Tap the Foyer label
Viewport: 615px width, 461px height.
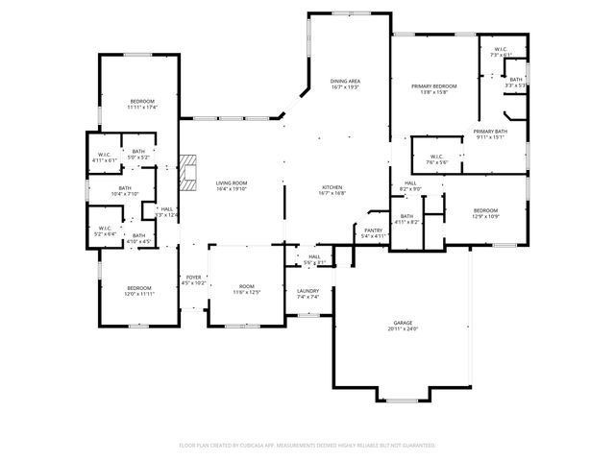tap(194, 279)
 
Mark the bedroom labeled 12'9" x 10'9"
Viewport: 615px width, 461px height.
tap(485, 212)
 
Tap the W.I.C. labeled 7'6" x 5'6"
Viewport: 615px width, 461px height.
tap(435, 159)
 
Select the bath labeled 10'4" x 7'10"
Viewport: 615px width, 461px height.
tap(126, 191)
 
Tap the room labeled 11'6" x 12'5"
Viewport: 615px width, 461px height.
tap(246, 289)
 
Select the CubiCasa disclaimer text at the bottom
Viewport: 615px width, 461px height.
tap(307, 446)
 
